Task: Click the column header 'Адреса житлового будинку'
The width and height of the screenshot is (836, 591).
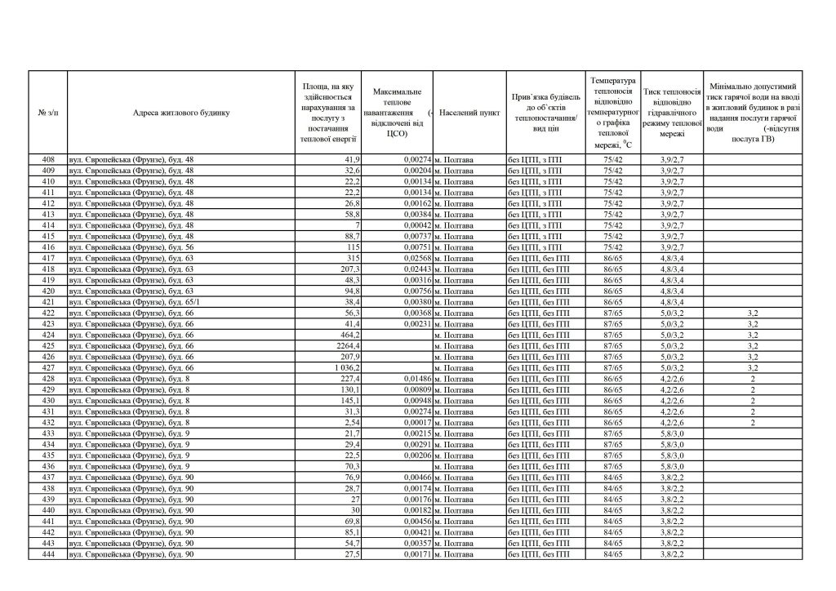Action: click(x=182, y=113)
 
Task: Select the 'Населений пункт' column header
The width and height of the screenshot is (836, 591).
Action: click(x=469, y=113)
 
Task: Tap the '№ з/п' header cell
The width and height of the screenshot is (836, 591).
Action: click(x=48, y=113)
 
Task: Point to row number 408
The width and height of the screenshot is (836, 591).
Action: click(x=48, y=159)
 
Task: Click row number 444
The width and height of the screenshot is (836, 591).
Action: click(x=48, y=555)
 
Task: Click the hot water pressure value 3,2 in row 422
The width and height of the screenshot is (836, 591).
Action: click(x=753, y=313)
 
